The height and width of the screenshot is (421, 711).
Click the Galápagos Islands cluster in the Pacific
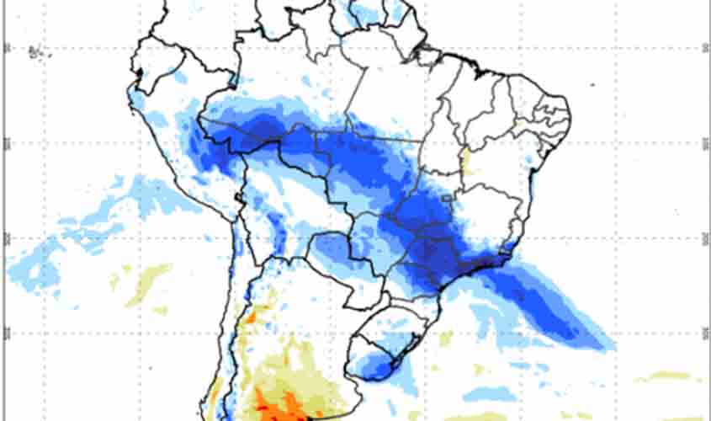point(35,52)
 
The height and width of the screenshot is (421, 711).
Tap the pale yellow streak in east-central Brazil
point(466,159)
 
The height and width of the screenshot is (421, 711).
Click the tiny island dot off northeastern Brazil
point(592,85)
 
